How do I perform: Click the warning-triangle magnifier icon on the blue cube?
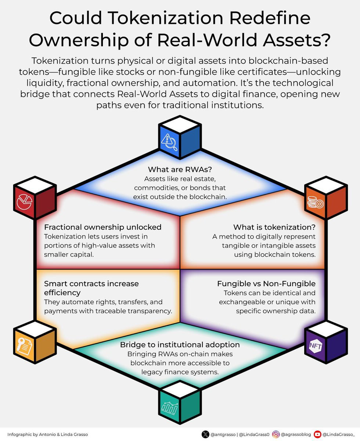[169, 142]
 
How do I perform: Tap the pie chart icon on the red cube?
[25, 202]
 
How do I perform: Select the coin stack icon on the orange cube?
[316, 202]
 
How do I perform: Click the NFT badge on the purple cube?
[316, 346]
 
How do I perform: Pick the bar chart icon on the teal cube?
[170, 408]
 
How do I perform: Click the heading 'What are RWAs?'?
[180, 169]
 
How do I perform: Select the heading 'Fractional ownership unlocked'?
[102, 227]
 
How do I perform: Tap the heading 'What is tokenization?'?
[274, 227]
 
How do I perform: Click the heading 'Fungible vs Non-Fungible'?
[266, 284]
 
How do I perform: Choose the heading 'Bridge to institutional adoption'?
[180, 345]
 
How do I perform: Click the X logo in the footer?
[205, 434]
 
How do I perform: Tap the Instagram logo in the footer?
[276, 434]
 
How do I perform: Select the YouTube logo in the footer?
[317, 434]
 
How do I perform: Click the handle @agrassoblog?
[296, 434]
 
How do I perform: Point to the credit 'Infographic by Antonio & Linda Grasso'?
[48, 434]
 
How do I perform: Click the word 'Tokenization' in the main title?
[166, 18]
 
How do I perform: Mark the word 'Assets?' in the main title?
[297, 40]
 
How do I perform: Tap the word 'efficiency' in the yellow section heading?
[62, 293]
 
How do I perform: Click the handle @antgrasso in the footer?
[223, 434]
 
